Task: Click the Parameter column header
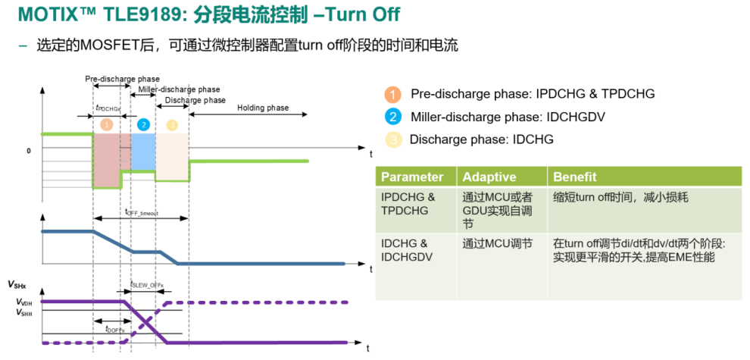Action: pyautogui.click(x=411, y=177)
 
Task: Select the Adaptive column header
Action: pyautogui.click(x=489, y=177)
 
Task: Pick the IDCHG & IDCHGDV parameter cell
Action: pyautogui.click(x=405, y=251)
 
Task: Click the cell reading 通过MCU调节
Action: pyautogui.click(x=498, y=244)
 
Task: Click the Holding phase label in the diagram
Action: pyautogui.click(x=262, y=108)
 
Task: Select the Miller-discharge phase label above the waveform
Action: pyautogui.click(x=179, y=89)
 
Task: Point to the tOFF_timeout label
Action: pyautogui.click(x=142, y=213)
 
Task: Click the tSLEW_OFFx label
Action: pyautogui.click(x=148, y=285)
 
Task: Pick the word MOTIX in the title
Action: pyautogui.click(x=45, y=14)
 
